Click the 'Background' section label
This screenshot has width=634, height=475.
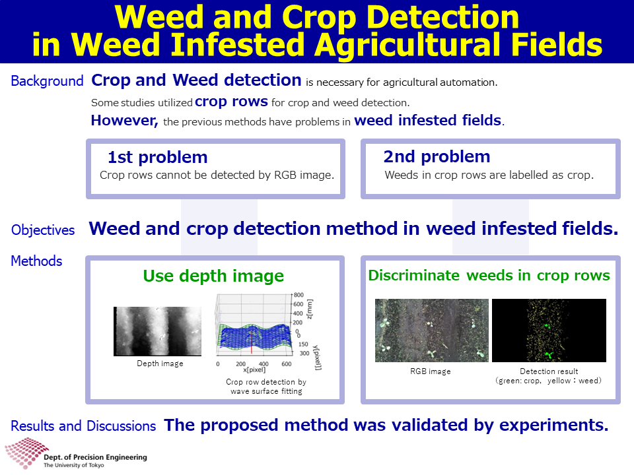pyautogui.click(x=47, y=80)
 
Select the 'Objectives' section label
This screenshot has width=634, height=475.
pyautogui.click(x=43, y=230)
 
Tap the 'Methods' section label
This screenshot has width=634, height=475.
pyautogui.click(x=36, y=261)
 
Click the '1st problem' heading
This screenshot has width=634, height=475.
pyautogui.click(x=158, y=157)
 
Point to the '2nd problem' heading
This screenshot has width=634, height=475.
pyautogui.click(x=437, y=157)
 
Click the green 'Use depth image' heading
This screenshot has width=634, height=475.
pyautogui.click(x=213, y=276)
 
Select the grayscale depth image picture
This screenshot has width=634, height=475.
pyautogui.click(x=157, y=331)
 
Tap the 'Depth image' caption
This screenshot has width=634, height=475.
pyautogui.click(x=160, y=364)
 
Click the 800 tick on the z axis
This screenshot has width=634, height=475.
pyautogui.click(x=299, y=295)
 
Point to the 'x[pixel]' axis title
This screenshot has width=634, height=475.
pyautogui.click(x=254, y=369)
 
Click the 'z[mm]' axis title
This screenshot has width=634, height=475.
pyautogui.click(x=310, y=309)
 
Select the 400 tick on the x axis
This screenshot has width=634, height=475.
pyautogui.click(x=264, y=364)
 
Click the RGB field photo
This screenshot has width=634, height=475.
pyautogui.click(x=432, y=331)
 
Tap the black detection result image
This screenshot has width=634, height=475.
pyautogui.click(x=549, y=331)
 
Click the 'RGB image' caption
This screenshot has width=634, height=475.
pyautogui.click(x=430, y=371)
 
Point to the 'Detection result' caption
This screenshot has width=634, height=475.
pyautogui.click(x=549, y=371)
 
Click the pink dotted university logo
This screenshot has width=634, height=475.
pyautogui.click(x=25, y=453)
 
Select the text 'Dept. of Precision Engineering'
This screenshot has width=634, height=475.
pyautogui.click(x=95, y=457)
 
